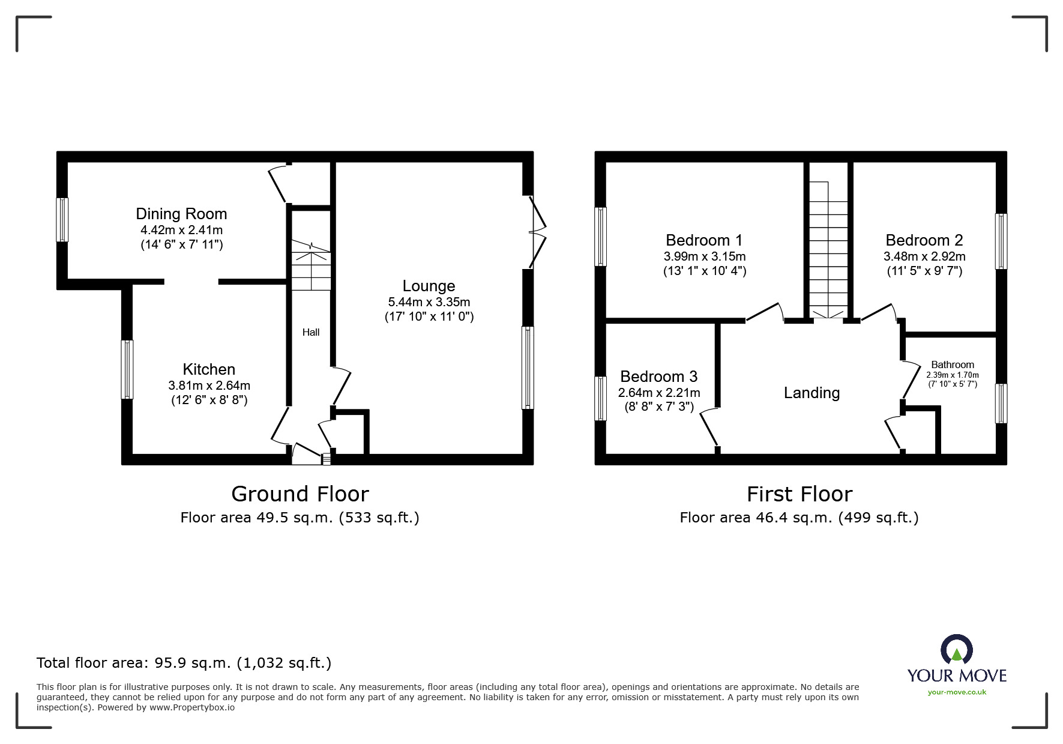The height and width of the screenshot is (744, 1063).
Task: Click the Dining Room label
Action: (181, 214)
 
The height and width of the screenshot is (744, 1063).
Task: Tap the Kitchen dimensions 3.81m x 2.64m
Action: (209, 386)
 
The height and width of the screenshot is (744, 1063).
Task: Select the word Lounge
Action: (429, 286)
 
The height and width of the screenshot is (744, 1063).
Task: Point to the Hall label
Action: (311, 332)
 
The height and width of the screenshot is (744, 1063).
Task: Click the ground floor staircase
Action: (311, 264)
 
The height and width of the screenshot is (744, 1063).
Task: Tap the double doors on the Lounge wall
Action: (537, 231)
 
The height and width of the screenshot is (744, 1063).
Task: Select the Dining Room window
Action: (62, 220)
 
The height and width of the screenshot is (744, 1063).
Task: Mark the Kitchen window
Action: (127, 369)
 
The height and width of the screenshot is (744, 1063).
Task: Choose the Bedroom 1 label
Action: (704, 240)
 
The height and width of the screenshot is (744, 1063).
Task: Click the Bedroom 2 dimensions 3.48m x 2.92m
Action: (924, 256)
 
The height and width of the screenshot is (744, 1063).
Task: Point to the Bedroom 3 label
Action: (658, 377)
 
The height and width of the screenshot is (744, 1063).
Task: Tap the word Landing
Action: (812, 393)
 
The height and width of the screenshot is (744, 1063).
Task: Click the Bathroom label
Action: (952, 364)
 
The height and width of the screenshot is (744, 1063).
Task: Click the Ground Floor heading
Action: (300, 494)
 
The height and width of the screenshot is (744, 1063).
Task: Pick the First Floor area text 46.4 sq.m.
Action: (799, 518)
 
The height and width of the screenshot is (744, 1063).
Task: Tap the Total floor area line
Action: (184, 663)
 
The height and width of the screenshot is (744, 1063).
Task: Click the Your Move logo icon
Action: (956, 651)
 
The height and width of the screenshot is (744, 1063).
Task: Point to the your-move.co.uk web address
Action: (957, 692)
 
